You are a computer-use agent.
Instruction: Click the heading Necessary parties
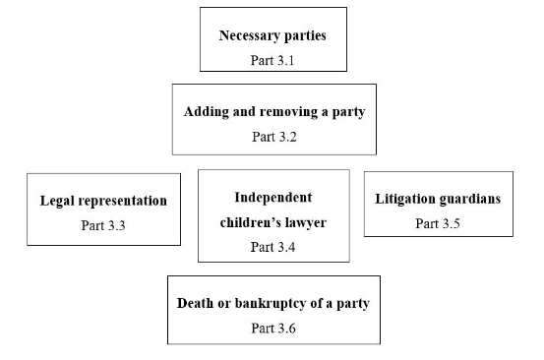pos(272,36)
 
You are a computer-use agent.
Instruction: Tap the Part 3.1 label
pos(272,60)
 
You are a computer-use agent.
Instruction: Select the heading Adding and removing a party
pos(273,111)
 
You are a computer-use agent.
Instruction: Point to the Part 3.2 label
pos(273,136)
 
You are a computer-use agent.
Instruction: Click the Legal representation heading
pos(103,201)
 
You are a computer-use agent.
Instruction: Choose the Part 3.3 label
pos(103,225)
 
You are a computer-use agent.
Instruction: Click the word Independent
pos(273,197)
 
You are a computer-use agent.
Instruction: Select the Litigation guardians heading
pos(438,199)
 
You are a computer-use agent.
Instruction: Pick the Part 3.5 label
pos(438,223)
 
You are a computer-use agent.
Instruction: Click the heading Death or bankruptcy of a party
pos(272,302)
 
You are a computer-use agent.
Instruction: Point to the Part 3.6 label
pos(272,327)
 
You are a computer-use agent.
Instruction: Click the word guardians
pos(469,199)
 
